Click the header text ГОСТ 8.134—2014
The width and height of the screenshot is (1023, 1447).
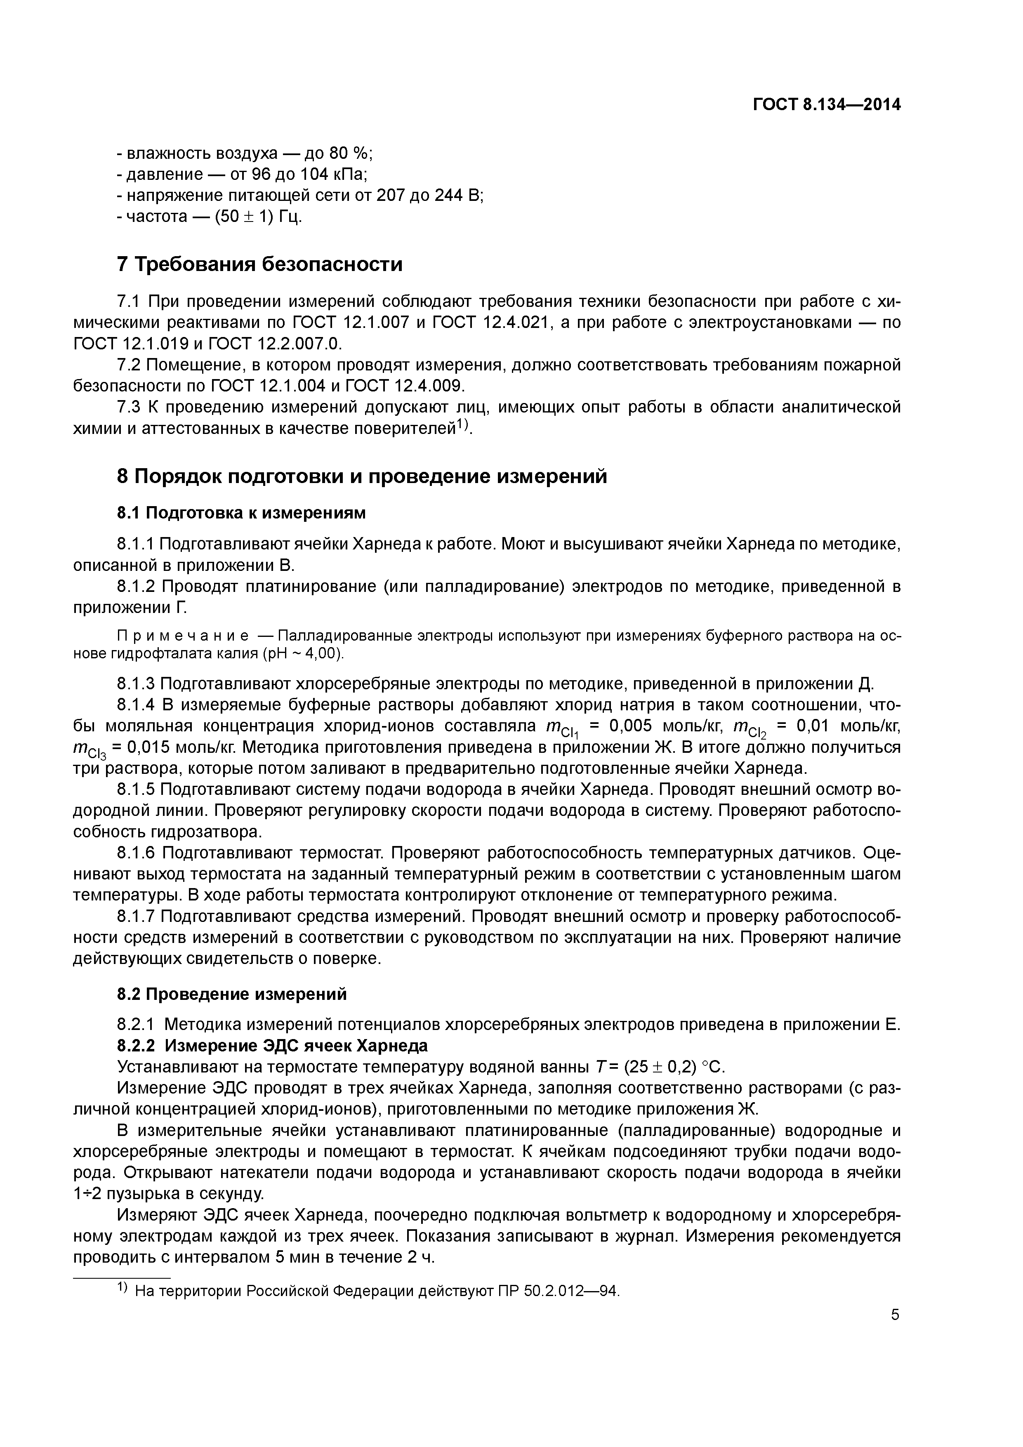[826, 105]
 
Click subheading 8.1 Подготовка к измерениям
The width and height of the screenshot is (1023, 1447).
[241, 513]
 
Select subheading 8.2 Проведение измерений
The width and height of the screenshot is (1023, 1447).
[231, 994]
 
